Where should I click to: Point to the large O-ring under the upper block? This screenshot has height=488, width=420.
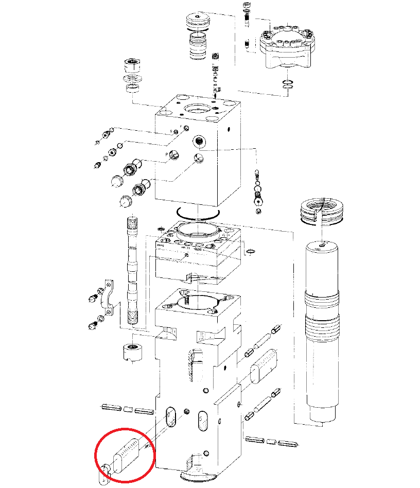pos(198,212)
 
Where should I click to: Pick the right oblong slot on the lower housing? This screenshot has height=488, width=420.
pos(203,421)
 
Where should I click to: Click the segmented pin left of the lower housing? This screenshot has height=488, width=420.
pos(126,409)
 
